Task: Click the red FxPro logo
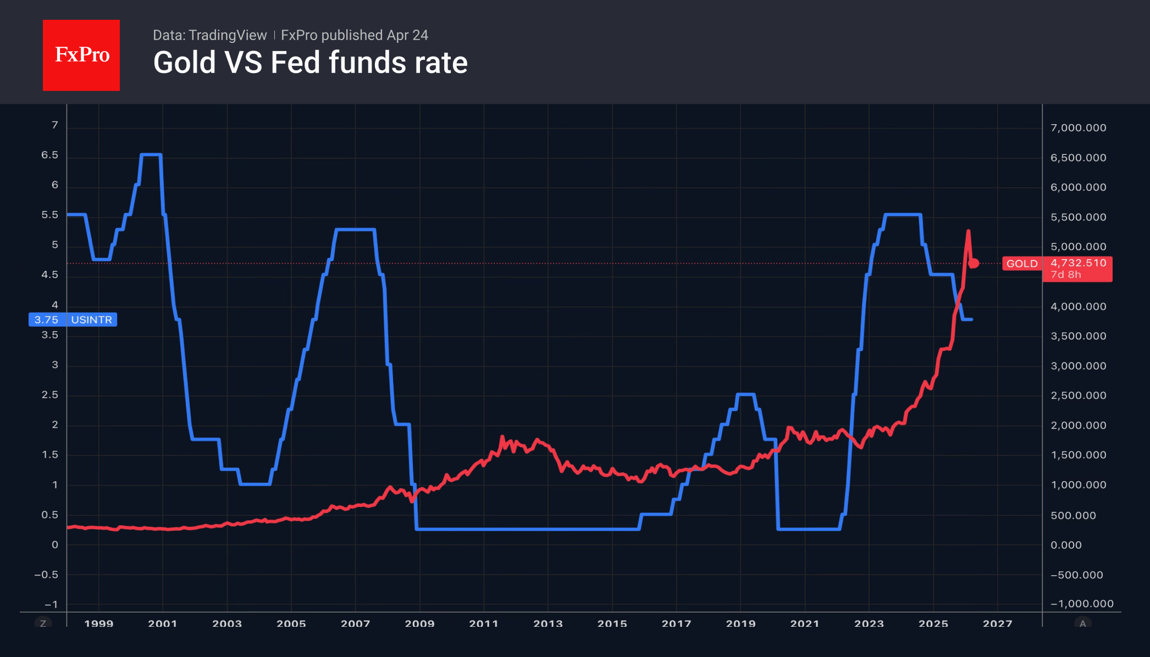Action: click(81, 55)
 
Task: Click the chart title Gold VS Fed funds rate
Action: click(310, 63)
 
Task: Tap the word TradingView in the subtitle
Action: click(227, 35)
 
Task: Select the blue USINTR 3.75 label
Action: click(73, 320)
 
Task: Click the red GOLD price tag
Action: click(1022, 264)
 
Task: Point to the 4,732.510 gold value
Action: click(1078, 263)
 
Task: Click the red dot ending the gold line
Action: click(974, 264)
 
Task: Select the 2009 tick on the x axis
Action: click(419, 623)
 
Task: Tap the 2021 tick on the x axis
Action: click(805, 623)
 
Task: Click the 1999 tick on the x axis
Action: click(99, 623)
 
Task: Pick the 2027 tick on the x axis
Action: click(997, 623)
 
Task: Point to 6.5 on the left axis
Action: click(49, 155)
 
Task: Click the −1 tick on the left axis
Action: click(51, 604)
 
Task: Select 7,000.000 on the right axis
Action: click(1078, 128)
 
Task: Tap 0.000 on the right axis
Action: click(1066, 545)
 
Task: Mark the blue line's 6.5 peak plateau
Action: click(151, 155)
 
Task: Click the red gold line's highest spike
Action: click(968, 231)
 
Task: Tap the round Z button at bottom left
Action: click(43, 623)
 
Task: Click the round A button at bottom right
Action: click(1082, 623)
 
